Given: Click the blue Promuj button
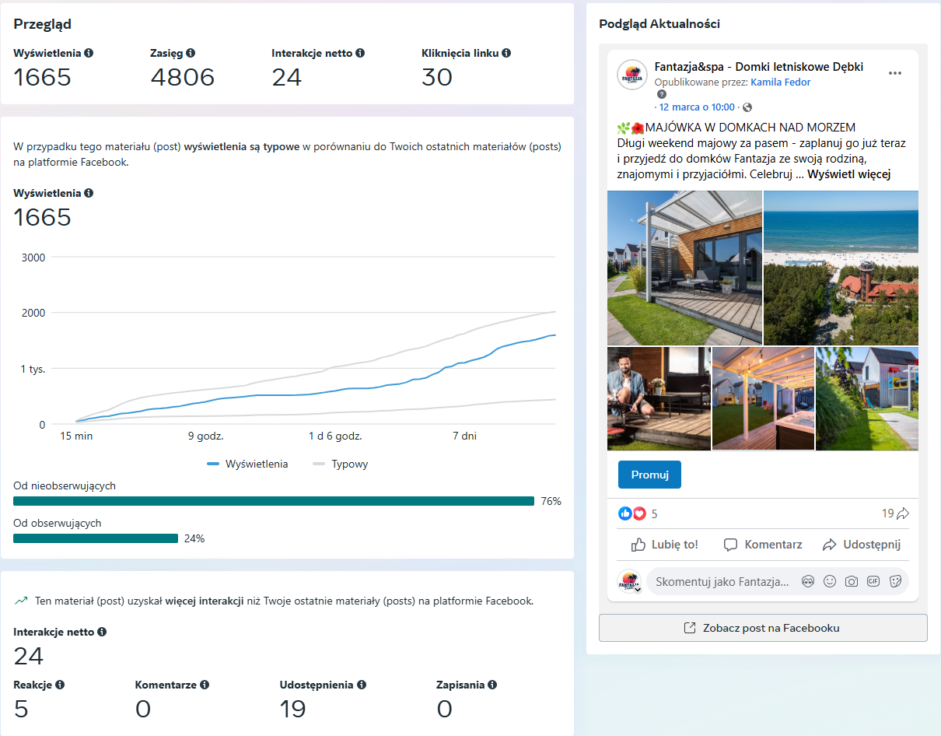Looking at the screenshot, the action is pyautogui.click(x=649, y=475).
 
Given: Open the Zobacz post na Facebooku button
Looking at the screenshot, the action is pyautogui.click(x=763, y=628).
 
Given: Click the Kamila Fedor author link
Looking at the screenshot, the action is pyautogui.click(x=780, y=82).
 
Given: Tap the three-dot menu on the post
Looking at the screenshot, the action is pyautogui.click(x=894, y=73).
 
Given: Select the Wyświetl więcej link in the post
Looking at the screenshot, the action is pyautogui.click(x=848, y=174).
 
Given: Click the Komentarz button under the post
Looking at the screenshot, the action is pyautogui.click(x=763, y=545).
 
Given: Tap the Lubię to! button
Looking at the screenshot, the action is pyautogui.click(x=664, y=545).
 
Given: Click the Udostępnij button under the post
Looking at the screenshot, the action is pyautogui.click(x=862, y=545).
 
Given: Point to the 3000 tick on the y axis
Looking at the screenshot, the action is pyautogui.click(x=33, y=258).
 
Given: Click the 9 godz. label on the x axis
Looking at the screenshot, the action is pyautogui.click(x=205, y=436).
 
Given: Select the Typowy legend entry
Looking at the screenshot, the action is pyautogui.click(x=341, y=464).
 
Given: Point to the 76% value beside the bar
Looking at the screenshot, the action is pyautogui.click(x=551, y=501).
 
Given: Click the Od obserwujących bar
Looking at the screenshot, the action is pyautogui.click(x=96, y=538).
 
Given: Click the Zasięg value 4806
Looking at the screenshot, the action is pyautogui.click(x=182, y=77).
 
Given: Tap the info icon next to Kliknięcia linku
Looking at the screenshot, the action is pyautogui.click(x=506, y=53).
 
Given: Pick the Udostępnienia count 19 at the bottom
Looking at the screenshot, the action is pyautogui.click(x=292, y=709).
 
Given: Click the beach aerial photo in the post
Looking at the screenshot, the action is pyautogui.click(x=841, y=268).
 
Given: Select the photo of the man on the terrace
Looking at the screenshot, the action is pyautogui.click(x=659, y=398).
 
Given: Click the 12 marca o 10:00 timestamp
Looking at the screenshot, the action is pyautogui.click(x=697, y=107).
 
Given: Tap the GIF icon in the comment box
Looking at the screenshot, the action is pyautogui.click(x=873, y=581).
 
